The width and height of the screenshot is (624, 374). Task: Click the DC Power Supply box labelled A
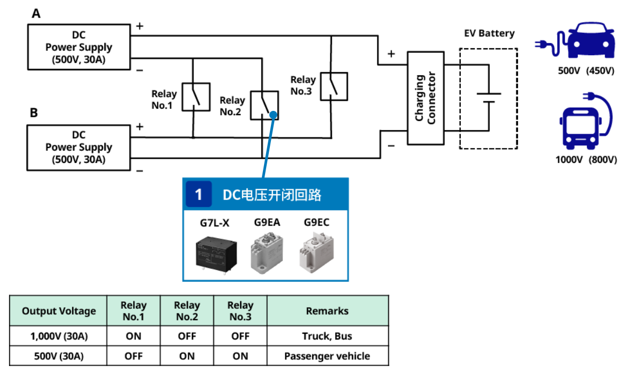78,47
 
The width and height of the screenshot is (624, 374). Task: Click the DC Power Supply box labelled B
78,147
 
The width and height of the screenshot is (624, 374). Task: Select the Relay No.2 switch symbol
264,105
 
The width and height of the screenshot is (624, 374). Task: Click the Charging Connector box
425,98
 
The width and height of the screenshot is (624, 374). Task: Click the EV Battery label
489,33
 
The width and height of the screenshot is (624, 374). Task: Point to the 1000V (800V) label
586,159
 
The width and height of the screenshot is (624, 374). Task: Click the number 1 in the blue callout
198,195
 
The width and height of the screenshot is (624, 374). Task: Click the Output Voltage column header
59,311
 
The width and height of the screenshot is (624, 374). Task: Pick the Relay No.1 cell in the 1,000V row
134,336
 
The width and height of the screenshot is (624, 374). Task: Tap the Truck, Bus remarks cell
327,336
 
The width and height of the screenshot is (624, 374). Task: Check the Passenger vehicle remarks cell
327,356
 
